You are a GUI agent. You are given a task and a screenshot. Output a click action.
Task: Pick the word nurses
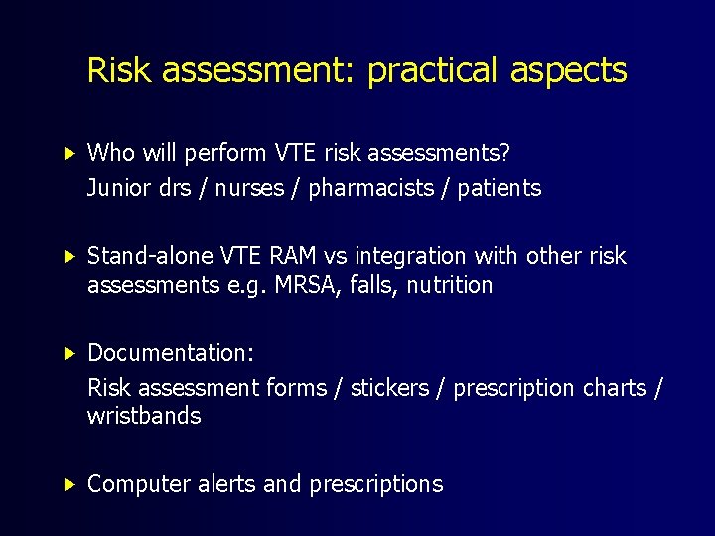coord(250,188)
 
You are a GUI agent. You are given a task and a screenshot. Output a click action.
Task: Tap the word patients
coord(500,188)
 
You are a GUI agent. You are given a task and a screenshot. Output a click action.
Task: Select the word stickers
coord(389,388)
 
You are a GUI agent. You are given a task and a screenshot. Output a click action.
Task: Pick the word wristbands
coord(144,416)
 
